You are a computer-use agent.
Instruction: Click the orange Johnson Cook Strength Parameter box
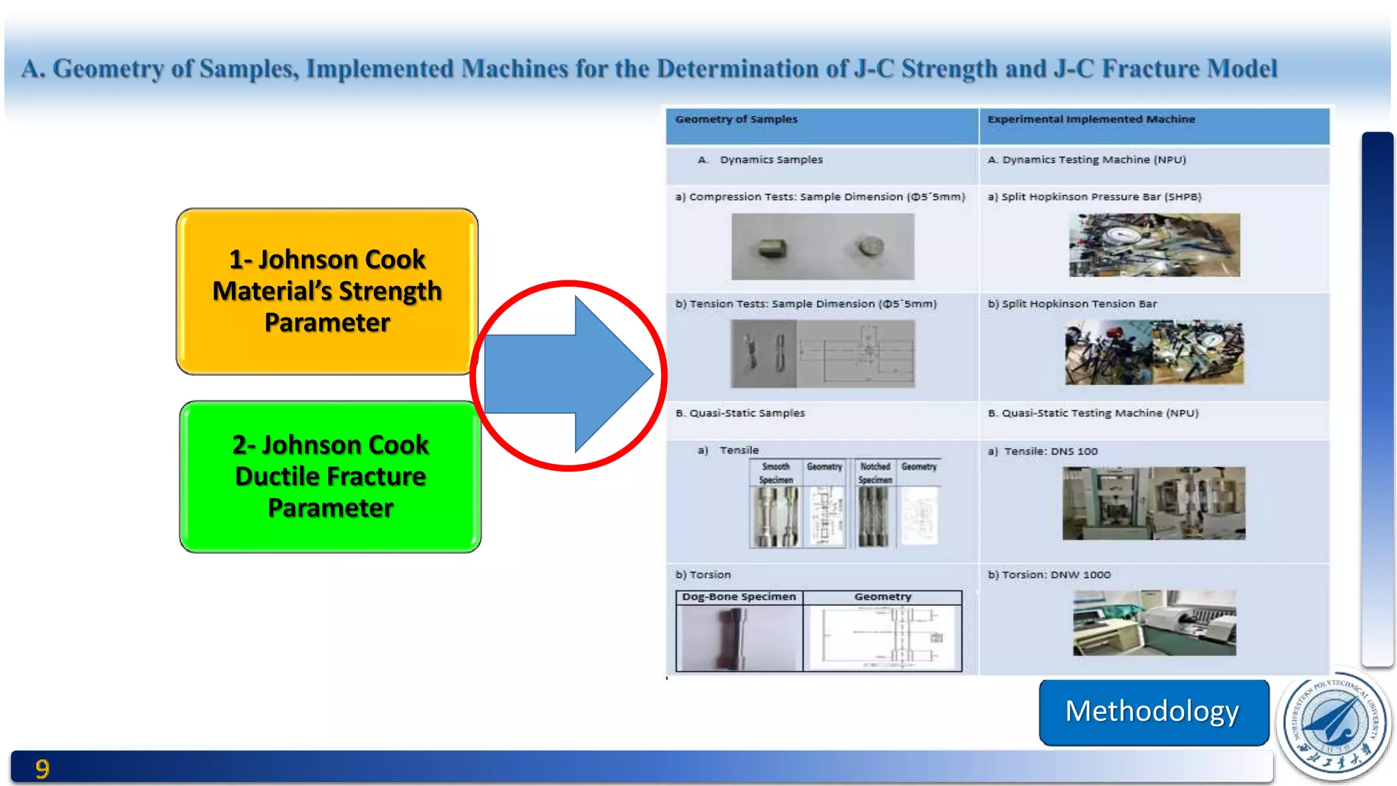coord(327,291)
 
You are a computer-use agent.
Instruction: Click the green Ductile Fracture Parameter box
coord(330,476)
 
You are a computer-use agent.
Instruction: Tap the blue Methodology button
coord(1153,712)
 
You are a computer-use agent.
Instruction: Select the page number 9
coord(42,769)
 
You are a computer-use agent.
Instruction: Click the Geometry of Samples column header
coord(736,119)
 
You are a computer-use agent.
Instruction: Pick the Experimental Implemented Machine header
coord(1091,119)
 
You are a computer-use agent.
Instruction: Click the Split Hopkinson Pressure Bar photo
coord(1154,245)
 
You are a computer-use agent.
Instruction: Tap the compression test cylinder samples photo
coord(823,246)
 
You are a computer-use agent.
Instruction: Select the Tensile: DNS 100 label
coord(1050,452)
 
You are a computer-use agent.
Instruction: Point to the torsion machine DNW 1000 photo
coord(1154,623)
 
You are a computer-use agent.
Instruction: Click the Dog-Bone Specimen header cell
coord(739,597)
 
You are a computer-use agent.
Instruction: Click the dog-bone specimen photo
coord(739,638)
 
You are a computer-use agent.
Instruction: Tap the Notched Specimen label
coord(875,473)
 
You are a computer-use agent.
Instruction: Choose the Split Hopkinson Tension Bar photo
coord(1154,353)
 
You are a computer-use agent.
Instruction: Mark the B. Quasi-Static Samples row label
coord(740,413)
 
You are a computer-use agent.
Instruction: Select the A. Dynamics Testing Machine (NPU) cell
coord(1087,160)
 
